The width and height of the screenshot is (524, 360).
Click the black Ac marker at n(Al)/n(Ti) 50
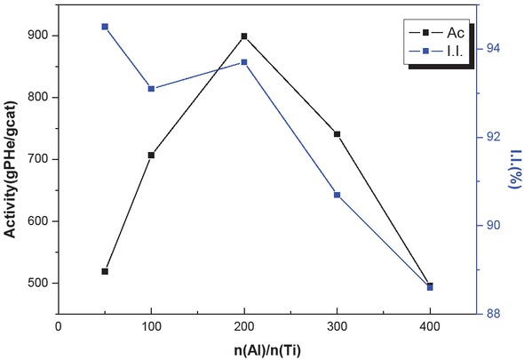(105, 271)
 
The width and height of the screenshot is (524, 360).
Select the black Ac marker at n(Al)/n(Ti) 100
(151, 155)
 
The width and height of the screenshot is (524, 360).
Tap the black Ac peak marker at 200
(244, 36)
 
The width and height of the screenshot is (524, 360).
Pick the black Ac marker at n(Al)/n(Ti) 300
(337, 134)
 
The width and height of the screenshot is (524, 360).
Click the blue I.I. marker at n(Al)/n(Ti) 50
(105, 27)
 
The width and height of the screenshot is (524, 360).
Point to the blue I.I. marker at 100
(151, 89)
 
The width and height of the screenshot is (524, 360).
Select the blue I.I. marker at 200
(244, 62)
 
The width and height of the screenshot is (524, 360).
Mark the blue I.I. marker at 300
(337, 195)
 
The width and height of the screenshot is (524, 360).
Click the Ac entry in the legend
(430, 31)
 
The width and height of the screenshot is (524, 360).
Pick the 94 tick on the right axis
(489, 49)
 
